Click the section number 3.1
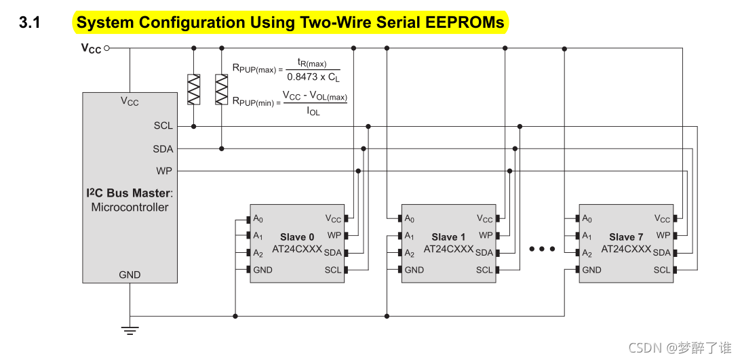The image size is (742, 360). [x=30, y=22]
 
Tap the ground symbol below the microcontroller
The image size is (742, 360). [x=130, y=330]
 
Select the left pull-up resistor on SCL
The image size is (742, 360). [x=194, y=89]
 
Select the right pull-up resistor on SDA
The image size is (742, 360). [x=221, y=89]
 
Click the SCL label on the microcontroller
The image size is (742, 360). [x=163, y=125]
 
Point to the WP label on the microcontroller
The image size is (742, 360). [x=164, y=171]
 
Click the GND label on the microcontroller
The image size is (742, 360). [x=130, y=275]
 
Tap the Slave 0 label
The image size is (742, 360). [x=297, y=237]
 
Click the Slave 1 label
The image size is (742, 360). [x=448, y=237]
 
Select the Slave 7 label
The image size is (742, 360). [x=626, y=237]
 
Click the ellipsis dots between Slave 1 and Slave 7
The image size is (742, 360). [x=542, y=249]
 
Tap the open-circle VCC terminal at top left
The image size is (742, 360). [x=107, y=48]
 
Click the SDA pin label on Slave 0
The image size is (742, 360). [x=333, y=253]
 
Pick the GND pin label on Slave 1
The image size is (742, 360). [x=414, y=270]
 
